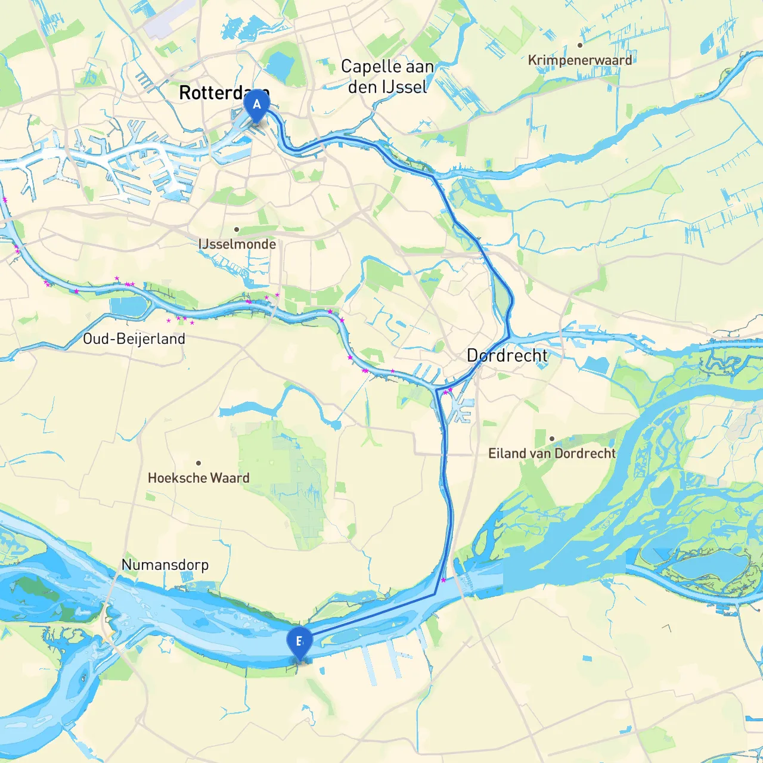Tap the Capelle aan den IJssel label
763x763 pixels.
pyautogui.click(x=387, y=76)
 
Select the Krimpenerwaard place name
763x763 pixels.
pyautogui.click(x=579, y=60)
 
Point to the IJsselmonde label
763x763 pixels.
pyautogui.click(x=237, y=244)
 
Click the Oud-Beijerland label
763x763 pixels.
pyautogui.click(x=134, y=339)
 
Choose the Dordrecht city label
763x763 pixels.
pyautogui.click(x=507, y=356)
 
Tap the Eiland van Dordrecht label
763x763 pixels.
pyautogui.click(x=551, y=453)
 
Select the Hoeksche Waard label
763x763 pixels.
pyautogui.click(x=198, y=477)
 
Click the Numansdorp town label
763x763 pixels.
pyautogui.click(x=165, y=565)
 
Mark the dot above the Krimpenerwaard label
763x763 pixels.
pyautogui.click(x=579, y=45)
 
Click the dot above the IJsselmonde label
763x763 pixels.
pyautogui.click(x=237, y=229)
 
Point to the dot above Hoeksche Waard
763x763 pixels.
pyautogui.click(x=198, y=463)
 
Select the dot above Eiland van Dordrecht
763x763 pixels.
pyautogui.click(x=551, y=439)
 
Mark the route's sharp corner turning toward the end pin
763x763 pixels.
pyautogui.click(x=435, y=594)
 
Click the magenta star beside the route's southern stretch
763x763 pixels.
pyautogui.click(x=443, y=580)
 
